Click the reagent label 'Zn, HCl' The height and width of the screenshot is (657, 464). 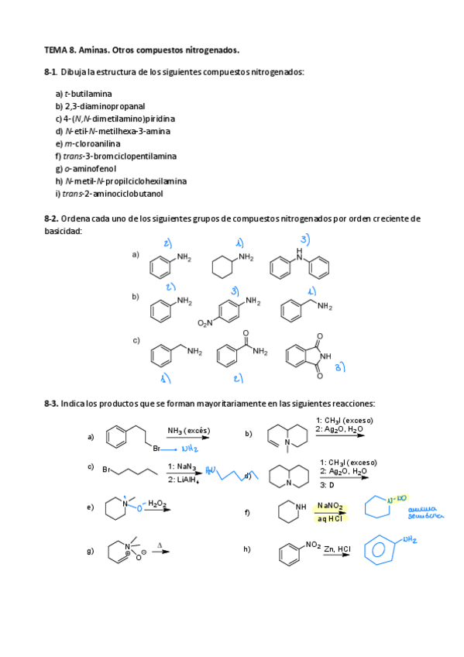pos(337,549)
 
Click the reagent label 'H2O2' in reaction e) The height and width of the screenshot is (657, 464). pos(158,503)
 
